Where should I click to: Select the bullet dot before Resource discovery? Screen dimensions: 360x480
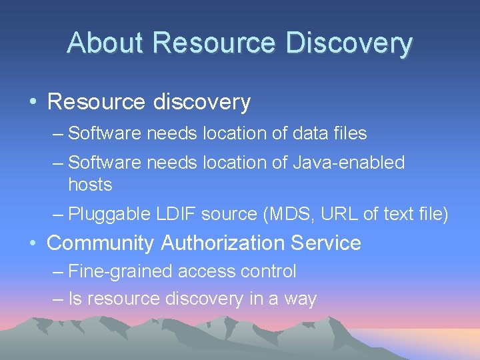coord(33,102)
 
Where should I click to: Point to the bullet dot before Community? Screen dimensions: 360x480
coord(33,243)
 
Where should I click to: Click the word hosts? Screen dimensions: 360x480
coord(90,184)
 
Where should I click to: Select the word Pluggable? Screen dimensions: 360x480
coord(109,215)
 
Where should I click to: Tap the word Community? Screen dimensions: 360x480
coord(100,243)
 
